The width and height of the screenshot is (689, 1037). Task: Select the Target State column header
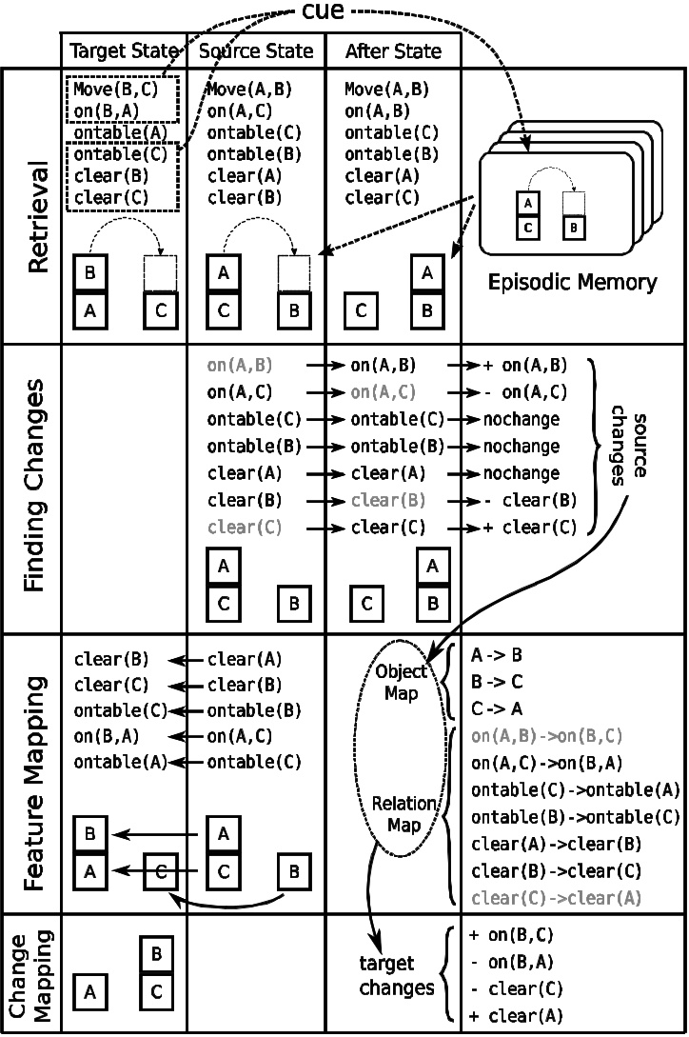coord(123,50)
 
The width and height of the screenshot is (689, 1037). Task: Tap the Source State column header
coord(255,50)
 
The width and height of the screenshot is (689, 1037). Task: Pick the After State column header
coord(392,50)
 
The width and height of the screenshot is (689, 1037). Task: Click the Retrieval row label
coord(36,217)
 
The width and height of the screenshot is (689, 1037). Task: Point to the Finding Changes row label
coord(36,486)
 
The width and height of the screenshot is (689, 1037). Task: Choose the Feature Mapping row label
coord(36,771)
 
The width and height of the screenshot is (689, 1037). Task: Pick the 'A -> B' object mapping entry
coord(497,655)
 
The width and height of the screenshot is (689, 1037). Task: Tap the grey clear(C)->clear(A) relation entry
coord(556,897)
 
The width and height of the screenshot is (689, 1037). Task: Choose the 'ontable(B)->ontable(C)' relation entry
coord(575,817)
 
